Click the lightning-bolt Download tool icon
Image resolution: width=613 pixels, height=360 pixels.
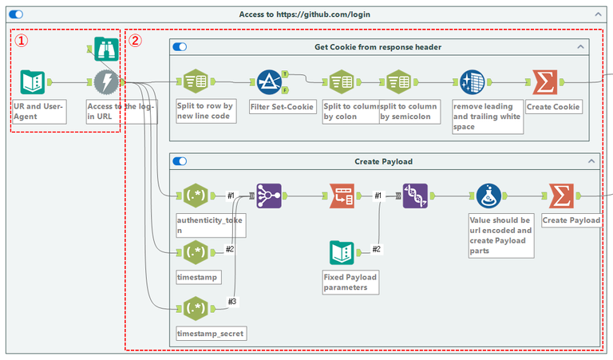point(105,82)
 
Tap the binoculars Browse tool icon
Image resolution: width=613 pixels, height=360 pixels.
point(105,50)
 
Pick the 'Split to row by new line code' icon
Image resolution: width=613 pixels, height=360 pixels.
point(196,82)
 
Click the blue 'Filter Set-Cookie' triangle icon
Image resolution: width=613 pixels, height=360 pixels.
point(269,82)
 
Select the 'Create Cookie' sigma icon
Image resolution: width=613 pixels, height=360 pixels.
point(546,82)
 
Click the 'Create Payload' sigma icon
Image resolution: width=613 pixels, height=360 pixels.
point(562,196)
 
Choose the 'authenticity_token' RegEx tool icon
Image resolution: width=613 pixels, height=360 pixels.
point(196,196)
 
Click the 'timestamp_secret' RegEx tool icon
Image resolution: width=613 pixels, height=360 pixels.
point(196,307)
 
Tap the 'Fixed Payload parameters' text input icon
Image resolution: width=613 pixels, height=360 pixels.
point(342,252)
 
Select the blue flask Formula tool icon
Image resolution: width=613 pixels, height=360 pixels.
point(488,196)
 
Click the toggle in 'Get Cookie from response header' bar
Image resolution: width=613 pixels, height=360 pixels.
point(180,47)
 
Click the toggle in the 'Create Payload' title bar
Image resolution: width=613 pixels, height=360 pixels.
point(180,161)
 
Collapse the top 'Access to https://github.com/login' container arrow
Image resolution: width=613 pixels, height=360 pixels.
point(598,14)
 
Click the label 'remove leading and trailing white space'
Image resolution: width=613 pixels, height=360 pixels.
point(487,116)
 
